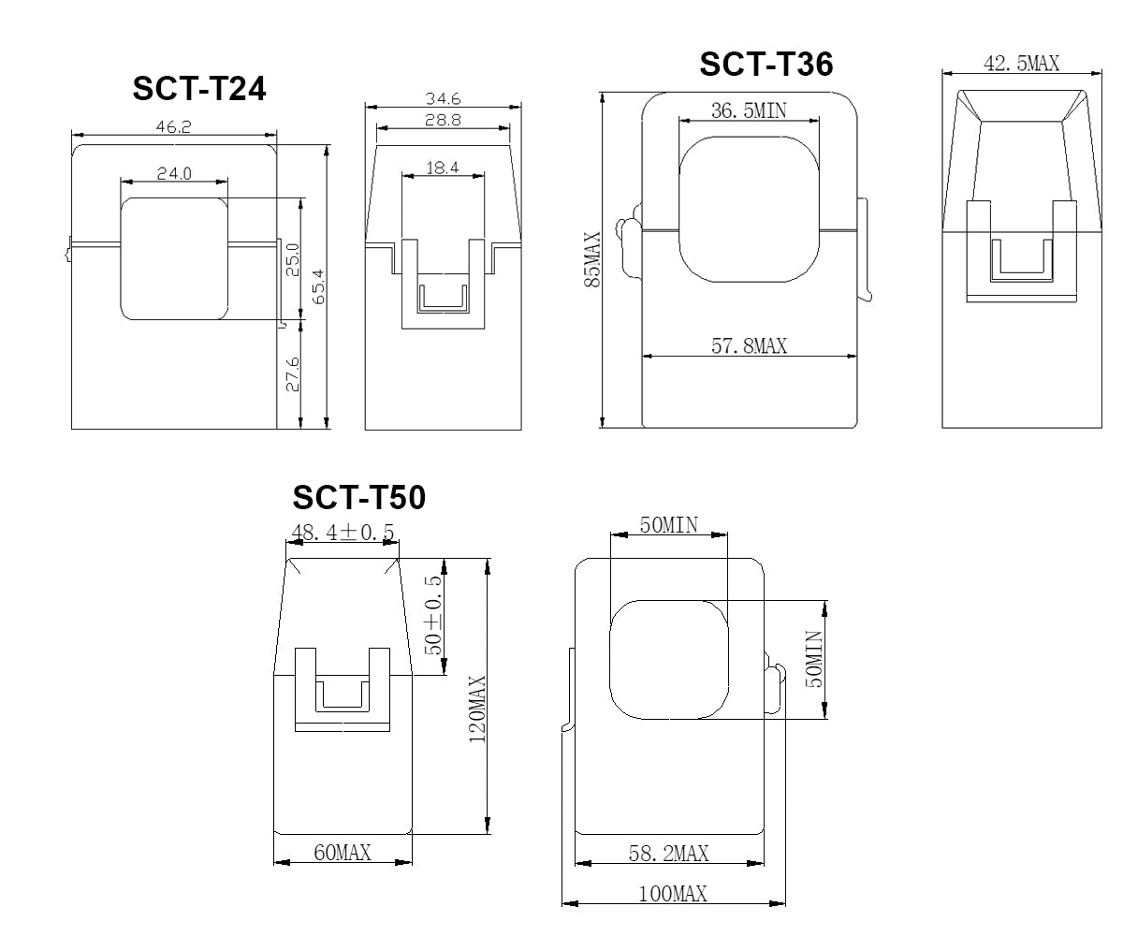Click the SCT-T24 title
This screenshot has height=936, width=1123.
click(199, 88)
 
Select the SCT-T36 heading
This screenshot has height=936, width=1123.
click(766, 64)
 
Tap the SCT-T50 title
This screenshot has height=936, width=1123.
click(358, 497)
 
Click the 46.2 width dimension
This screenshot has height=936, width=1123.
click(173, 126)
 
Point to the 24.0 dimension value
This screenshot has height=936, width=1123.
click(174, 173)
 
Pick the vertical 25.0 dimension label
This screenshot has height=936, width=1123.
click(293, 260)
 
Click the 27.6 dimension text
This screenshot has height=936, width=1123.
click(293, 374)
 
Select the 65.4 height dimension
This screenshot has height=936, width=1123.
click(318, 286)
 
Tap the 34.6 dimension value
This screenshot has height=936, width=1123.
click(443, 98)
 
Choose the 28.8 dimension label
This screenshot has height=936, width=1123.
click(443, 120)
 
